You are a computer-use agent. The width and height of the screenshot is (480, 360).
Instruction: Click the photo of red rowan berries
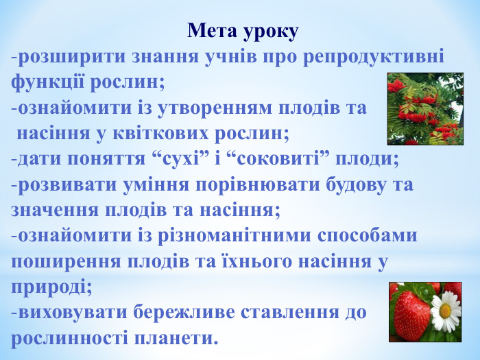(x=424, y=110)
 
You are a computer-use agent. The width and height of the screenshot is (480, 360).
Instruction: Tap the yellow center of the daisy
(x=446, y=309)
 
